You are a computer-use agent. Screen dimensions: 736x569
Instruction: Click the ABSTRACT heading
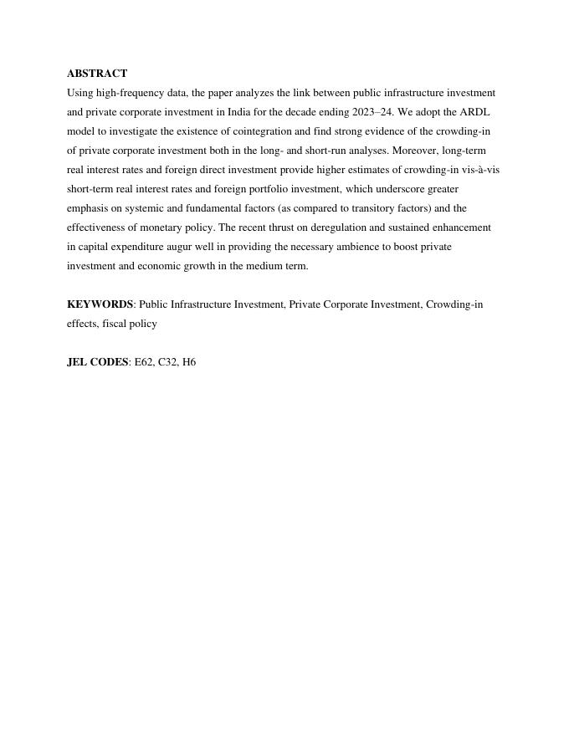click(x=97, y=74)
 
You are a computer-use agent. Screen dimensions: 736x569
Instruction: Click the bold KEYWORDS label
click(x=100, y=304)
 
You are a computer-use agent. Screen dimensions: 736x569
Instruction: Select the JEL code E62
click(x=144, y=362)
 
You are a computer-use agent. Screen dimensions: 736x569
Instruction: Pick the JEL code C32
click(x=168, y=362)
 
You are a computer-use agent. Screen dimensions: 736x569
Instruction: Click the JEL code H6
click(x=189, y=362)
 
